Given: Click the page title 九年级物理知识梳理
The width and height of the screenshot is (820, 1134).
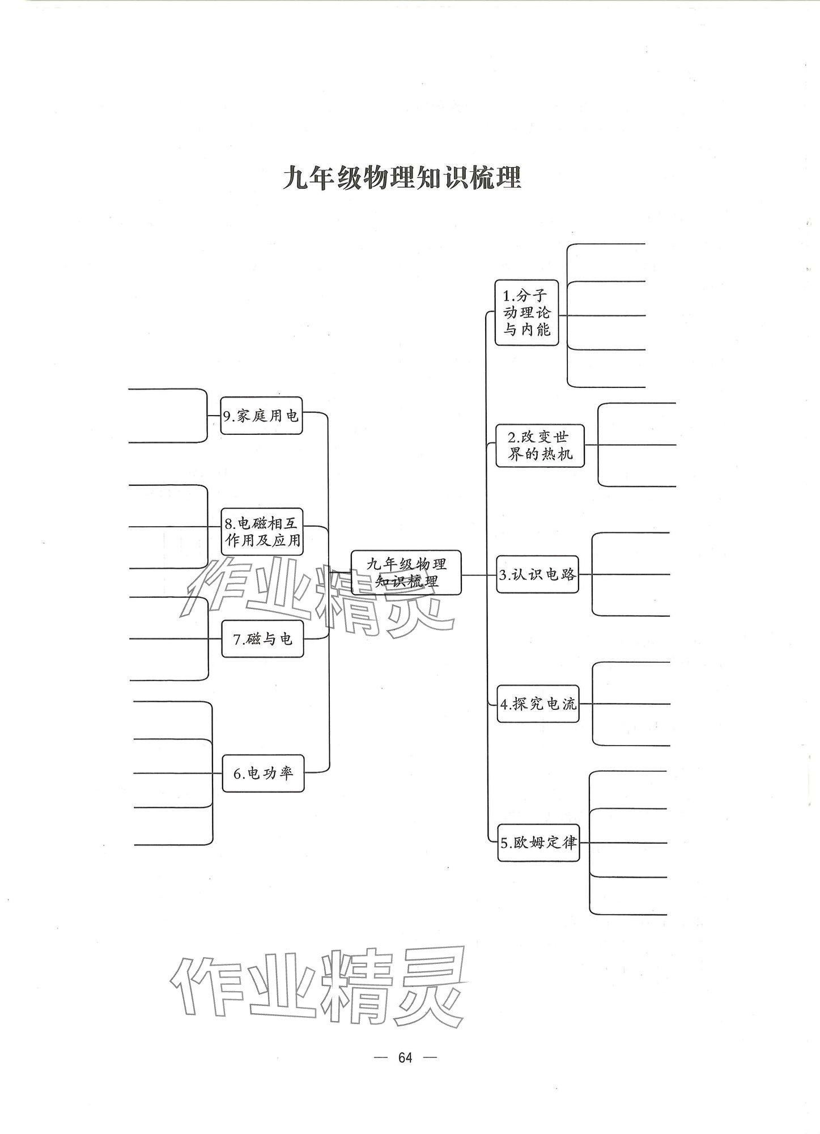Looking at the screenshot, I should [402, 177].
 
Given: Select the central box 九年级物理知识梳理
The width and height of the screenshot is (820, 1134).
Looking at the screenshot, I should [406, 572].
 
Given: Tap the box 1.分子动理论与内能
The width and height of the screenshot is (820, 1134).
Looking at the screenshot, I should [526, 312].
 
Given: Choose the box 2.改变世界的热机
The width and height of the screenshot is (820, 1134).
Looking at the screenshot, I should [539, 445].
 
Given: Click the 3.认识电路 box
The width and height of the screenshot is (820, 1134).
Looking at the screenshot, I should [537, 575].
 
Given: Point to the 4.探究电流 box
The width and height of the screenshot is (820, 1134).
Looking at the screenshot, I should [538, 704].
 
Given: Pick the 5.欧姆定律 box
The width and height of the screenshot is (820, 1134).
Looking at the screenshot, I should [538, 843].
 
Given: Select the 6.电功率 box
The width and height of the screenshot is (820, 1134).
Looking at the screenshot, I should [263, 773].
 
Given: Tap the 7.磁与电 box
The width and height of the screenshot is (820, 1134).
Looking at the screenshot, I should [262, 639].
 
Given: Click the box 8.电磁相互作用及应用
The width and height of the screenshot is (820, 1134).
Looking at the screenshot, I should [262, 532].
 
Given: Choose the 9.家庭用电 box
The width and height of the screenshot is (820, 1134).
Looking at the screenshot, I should [261, 416].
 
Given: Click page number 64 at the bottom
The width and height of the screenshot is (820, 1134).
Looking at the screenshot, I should [405, 1057].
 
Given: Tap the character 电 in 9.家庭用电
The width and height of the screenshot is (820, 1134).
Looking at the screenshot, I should [291, 416].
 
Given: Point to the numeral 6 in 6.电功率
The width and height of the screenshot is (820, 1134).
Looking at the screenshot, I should [238, 774].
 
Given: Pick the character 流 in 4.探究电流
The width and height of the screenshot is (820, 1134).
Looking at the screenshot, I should [569, 704].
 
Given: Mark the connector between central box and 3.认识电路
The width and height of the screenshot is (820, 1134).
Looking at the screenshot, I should [479, 575].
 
